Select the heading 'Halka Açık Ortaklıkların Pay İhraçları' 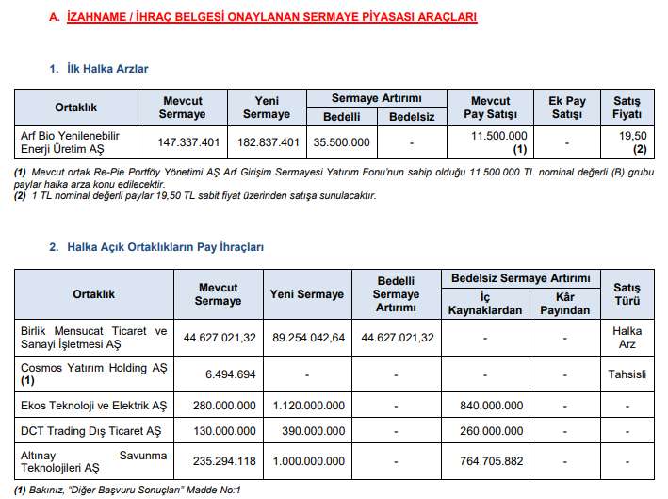pos(165,246)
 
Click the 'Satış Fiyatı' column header pos(627,107)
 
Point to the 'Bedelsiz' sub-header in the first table pos(411,117)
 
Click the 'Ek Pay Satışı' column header pos(567,107)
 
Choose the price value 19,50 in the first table pos(627,136)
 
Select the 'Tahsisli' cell pos(627,374)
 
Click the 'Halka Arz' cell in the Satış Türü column pos(627,338)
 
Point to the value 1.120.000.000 pos(307,406)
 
